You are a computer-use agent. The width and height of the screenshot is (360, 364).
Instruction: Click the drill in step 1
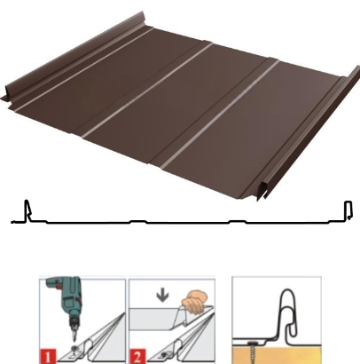click(x=66, y=299)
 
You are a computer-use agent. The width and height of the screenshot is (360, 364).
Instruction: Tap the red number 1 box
click(x=48, y=356)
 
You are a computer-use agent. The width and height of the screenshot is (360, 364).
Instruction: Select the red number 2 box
click(x=137, y=356)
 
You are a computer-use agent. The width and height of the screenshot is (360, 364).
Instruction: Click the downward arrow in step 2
click(x=163, y=297)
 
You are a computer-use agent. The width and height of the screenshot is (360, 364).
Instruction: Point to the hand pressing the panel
click(x=195, y=302)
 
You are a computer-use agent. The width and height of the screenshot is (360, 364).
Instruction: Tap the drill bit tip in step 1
click(x=74, y=341)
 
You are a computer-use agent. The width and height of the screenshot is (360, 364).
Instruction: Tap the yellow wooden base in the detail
click(x=277, y=354)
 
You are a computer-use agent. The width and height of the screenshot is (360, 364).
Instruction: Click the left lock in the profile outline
click(x=27, y=210)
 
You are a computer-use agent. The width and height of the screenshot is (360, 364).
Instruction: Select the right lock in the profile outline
click(x=348, y=210)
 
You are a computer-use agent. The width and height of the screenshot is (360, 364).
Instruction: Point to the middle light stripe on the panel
click(x=147, y=91)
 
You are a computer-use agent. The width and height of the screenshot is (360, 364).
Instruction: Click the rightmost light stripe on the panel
click(x=220, y=114)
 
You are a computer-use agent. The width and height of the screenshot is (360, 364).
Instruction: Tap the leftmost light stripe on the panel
click(x=83, y=69)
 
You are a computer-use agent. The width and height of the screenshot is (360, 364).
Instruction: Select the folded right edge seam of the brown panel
click(x=309, y=133)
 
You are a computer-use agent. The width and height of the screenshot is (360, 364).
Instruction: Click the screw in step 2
click(x=163, y=354)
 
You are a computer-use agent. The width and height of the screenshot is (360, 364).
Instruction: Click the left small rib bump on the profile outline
click(x=138, y=221)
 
